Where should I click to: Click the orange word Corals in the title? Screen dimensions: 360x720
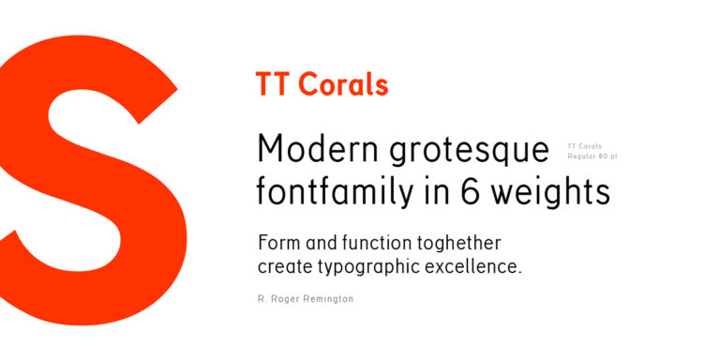pyautogui.click(x=343, y=85)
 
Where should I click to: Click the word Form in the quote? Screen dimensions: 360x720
pyautogui.click(x=278, y=243)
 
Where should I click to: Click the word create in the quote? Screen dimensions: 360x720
pyautogui.click(x=283, y=267)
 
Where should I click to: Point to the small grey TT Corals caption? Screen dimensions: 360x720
pyautogui.click(x=585, y=145)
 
